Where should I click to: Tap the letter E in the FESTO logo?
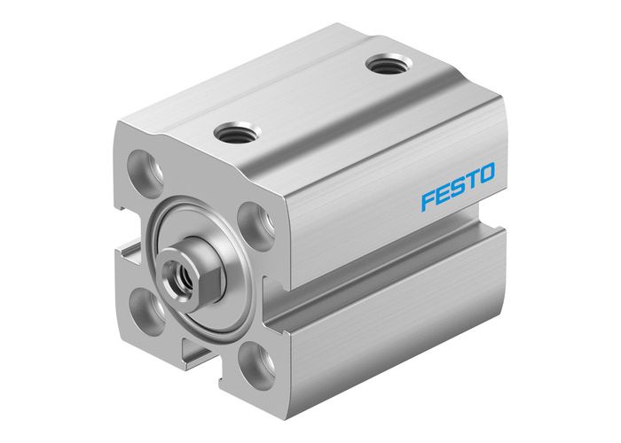point(446,194)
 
